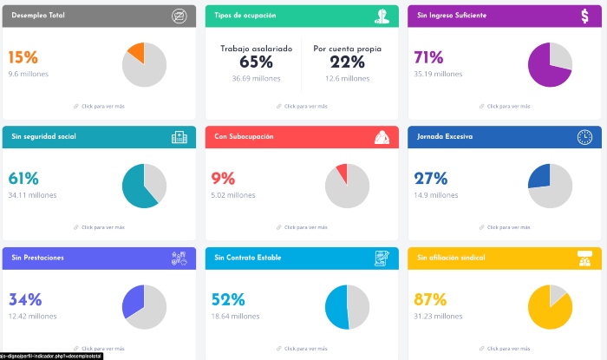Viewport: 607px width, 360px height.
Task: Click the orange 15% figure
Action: [23, 58]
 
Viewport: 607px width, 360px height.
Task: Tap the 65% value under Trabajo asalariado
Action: [256, 62]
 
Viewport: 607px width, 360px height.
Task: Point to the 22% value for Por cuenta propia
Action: [347, 62]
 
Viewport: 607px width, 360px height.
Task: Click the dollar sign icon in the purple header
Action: [586, 16]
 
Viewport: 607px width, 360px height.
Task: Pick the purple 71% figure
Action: [428, 58]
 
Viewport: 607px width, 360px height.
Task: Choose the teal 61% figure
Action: [23, 179]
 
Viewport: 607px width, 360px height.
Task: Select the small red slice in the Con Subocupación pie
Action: [343, 172]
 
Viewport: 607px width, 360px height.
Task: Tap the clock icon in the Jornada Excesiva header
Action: [584, 137]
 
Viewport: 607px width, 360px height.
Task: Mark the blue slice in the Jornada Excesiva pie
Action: [540, 176]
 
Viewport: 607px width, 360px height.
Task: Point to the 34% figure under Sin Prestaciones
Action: [25, 300]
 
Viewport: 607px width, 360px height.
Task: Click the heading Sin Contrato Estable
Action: [249, 258]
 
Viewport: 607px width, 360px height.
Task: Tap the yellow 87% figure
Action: [430, 300]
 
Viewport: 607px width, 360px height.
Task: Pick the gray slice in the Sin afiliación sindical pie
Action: [558, 294]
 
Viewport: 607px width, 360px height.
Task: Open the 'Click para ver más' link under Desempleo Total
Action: [102, 107]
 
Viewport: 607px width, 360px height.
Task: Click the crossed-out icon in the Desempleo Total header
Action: [179, 16]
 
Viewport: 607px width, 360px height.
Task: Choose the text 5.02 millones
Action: [232, 195]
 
